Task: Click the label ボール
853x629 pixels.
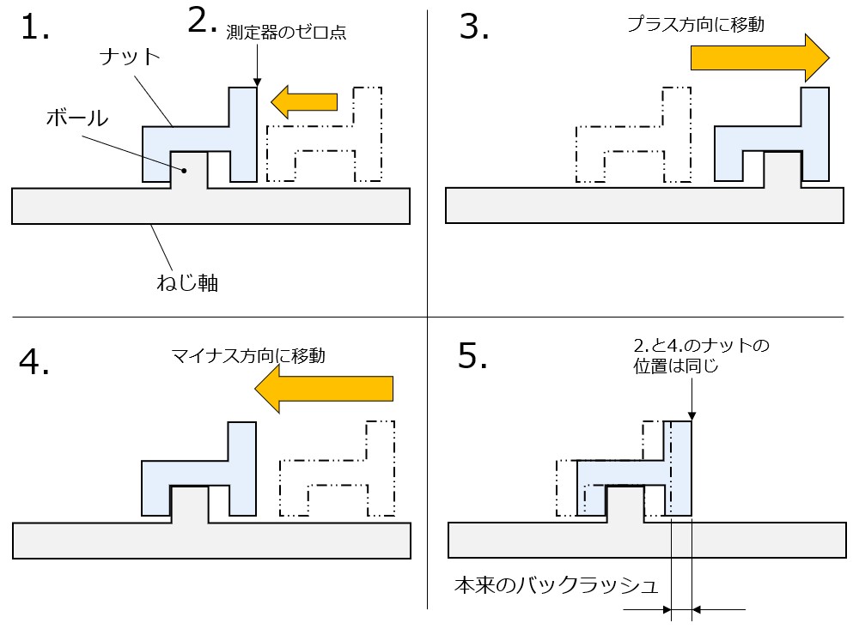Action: (76, 118)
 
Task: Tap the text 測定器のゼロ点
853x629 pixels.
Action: (285, 33)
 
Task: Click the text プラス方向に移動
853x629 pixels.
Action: (695, 25)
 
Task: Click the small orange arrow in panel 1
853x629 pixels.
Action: (304, 101)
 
